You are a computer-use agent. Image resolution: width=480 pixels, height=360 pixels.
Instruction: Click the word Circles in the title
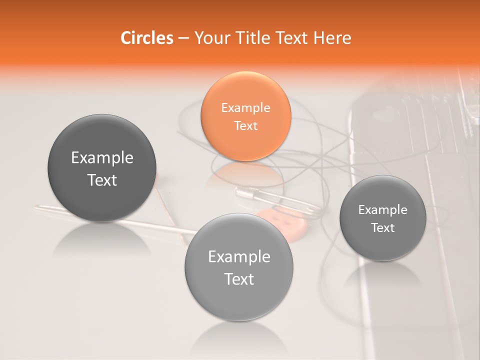pos(146,38)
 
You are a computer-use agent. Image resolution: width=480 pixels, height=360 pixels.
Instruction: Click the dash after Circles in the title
pos(183,38)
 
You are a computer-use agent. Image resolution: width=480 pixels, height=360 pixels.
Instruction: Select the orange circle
pos(245,116)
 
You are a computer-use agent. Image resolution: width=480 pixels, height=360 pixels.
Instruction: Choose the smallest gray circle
pos(383,218)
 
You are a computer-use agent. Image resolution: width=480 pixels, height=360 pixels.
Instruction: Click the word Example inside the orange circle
pos(245,108)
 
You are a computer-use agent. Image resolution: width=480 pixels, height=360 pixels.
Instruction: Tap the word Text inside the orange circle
pos(245,125)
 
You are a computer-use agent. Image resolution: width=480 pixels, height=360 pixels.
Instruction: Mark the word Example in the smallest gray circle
pos(383,210)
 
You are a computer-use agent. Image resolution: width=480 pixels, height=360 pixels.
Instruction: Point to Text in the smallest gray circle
pos(383,228)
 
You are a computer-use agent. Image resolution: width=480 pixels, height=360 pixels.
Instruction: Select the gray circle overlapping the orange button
pos(239,267)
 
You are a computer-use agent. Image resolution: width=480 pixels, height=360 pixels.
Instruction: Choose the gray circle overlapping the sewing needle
pos(102,168)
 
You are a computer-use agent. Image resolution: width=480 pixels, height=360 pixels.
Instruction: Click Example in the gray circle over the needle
pos(102,158)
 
